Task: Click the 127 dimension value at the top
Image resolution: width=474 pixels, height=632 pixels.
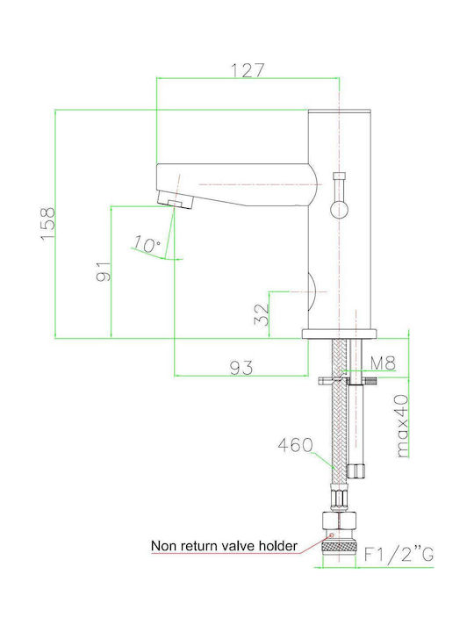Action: pyautogui.click(x=248, y=70)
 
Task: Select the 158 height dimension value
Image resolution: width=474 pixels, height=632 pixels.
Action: pyautogui.click(x=48, y=223)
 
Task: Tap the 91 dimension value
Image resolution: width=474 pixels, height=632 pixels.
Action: pyautogui.click(x=104, y=271)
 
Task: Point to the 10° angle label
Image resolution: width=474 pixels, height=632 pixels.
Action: pyautogui.click(x=147, y=244)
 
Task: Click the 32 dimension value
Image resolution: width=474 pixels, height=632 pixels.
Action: pyautogui.click(x=262, y=314)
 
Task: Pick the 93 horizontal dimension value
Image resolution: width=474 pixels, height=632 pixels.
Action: pyautogui.click(x=241, y=367)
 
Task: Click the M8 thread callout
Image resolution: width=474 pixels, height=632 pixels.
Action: pyautogui.click(x=383, y=363)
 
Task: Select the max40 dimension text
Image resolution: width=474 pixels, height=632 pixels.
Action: pyautogui.click(x=402, y=426)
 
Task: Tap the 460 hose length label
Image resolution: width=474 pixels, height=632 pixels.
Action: pyautogui.click(x=296, y=445)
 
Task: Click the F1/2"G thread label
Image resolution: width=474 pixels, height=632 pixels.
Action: pyautogui.click(x=399, y=554)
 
